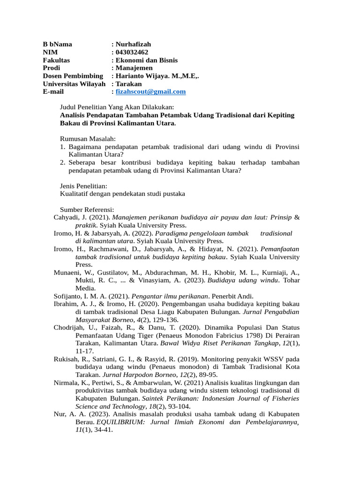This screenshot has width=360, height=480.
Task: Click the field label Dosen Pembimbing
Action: (x=73, y=76)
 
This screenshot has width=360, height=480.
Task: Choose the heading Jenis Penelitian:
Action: (x=83, y=186)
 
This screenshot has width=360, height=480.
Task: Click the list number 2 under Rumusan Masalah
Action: (x=62, y=162)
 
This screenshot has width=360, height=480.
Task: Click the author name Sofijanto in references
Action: (x=70, y=296)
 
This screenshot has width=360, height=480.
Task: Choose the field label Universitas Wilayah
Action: (x=74, y=84)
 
